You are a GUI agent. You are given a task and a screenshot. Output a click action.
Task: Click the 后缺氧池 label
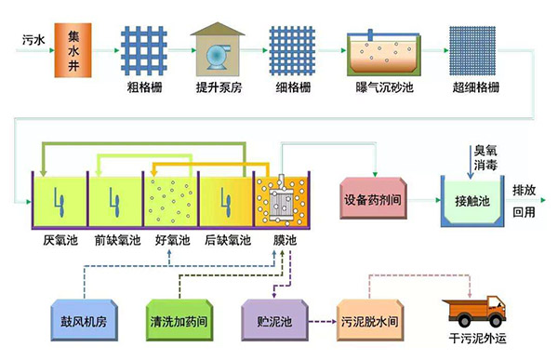click(x=226, y=241)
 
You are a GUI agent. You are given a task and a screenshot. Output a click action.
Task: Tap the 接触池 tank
click(x=472, y=201)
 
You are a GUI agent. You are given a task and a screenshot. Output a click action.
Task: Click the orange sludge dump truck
click(x=473, y=312)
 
